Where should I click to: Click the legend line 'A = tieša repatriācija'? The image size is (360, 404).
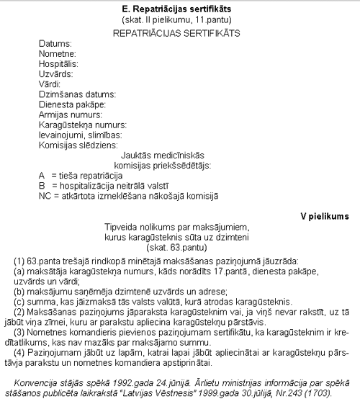click(81, 175)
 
